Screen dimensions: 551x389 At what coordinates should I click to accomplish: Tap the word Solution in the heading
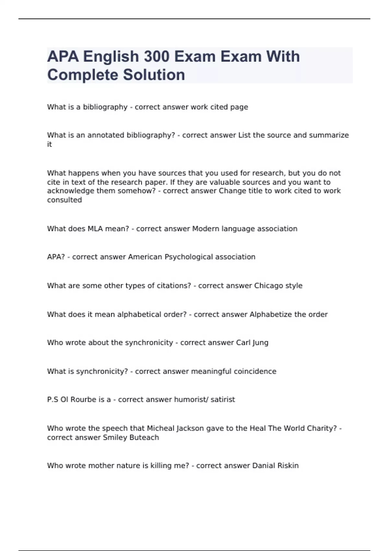(x=154, y=75)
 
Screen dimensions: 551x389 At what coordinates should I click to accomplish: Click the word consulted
(x=65, y=200)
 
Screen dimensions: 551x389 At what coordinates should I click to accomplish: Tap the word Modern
(x=206, y=229)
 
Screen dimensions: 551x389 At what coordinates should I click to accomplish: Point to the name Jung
(x=260, y=343)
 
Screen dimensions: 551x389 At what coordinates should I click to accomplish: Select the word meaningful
(x=211, y=371)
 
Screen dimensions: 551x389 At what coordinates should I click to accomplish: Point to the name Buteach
(x=144, y=438)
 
